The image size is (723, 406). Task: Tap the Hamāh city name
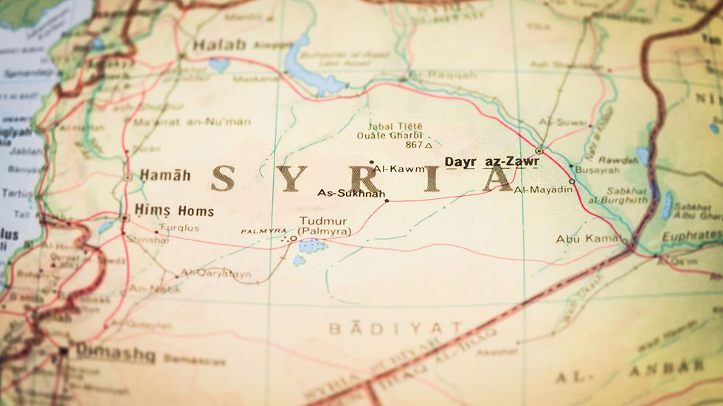[165, 175]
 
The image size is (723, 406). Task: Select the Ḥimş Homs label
[174, 211]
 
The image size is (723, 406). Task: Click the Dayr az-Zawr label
[491, 161]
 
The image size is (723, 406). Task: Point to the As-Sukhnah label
[351, 194]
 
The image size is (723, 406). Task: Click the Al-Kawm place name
[398, 169]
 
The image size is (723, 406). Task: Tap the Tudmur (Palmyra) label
[325, 227]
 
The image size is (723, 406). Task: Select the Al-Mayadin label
[543, 190]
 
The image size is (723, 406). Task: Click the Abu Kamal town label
[587, 239]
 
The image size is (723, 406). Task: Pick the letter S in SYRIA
[223, 179]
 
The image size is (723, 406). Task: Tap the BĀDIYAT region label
[395, 329]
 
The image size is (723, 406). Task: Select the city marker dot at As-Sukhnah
[387, 200]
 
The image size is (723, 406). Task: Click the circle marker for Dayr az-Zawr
[539, 151]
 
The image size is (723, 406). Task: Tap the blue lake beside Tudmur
[313, 245]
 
